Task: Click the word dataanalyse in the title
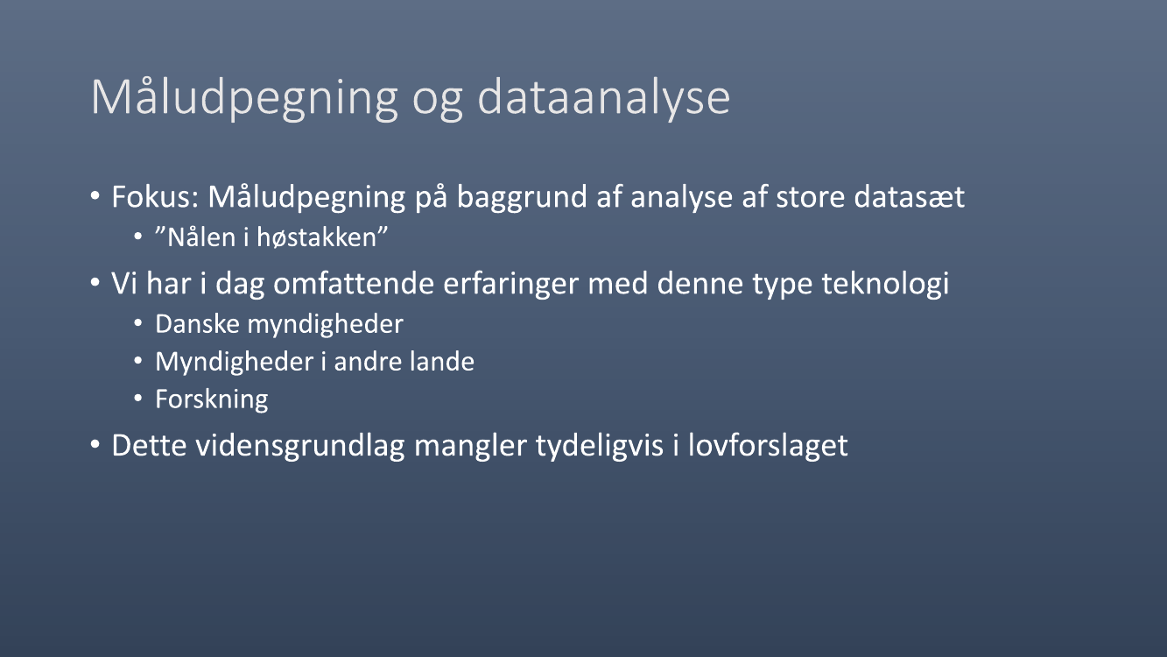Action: [x=603, y=99]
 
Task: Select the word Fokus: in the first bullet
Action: [x=155, y=196]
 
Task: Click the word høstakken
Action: [x=316, y=237]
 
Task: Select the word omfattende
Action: [x=354, y=284]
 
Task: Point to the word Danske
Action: [x=198, y=324]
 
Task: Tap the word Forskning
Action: [x=212, y=400]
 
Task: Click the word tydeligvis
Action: [x=600, y=447]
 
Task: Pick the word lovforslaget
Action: [x=768, y=447]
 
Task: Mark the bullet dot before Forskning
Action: [x=138, y=399]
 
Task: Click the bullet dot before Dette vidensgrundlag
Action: [x=95, y=445]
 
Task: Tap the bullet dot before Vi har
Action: [x=95, y=283]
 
